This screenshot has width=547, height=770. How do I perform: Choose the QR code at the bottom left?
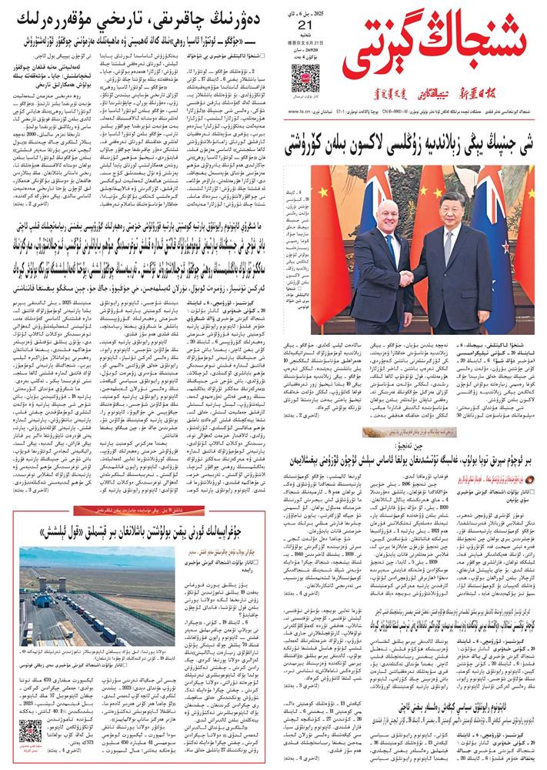pos(30,731)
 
